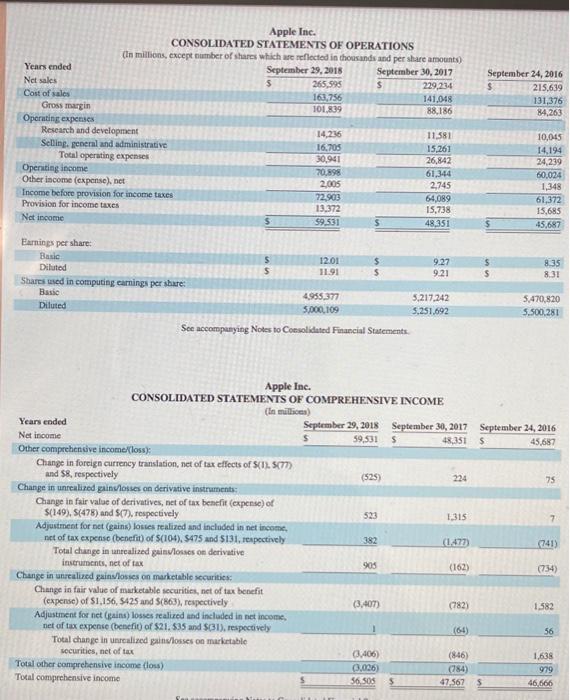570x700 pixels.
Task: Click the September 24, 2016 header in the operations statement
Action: point(524,73)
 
